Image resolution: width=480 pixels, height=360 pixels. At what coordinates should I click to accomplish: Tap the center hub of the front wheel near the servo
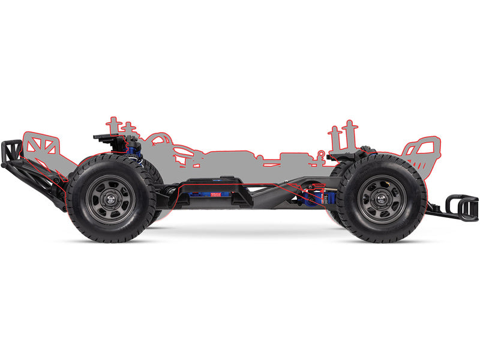(x=381, y=199)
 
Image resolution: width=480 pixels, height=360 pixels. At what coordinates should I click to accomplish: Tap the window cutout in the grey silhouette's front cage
(x=422, y=148)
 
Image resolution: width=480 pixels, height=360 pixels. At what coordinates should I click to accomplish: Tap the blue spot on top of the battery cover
(x=228, y=178)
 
